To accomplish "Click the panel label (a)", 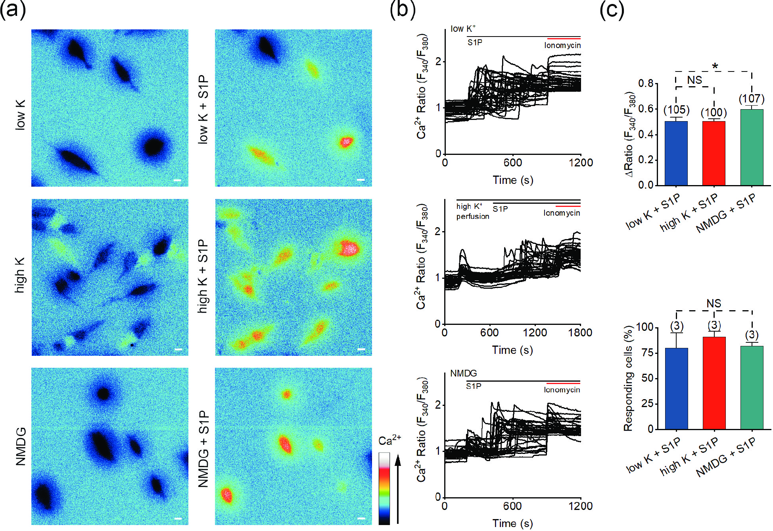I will click(x=13, y=10).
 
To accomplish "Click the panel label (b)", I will click(x=402, y=10).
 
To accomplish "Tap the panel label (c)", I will click(x=612, y=10).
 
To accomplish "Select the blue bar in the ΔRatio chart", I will click(x=676, y=153).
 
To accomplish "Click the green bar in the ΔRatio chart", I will click(x=752, y=147).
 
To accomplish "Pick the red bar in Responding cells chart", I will click(x=714, y=383).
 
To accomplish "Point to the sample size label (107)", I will click(x=752, y=98).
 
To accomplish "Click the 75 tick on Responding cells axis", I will click(x=645, y=353).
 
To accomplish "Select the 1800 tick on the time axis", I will click(x=580, y=333).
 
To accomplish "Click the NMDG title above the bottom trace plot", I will click(x=463, y=373).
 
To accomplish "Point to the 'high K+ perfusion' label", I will click(x=472, y=211).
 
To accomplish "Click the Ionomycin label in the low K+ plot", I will click(x=562, y=45).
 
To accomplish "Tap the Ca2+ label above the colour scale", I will click(x=389, y=440).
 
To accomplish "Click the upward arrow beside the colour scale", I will click(x=398, y=489).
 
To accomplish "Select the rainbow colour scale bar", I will click(x=384, y=489).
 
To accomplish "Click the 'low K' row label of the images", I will click(x=20, y=115).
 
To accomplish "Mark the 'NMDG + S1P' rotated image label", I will click(x=203, y=448).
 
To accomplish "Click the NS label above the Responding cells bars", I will click(x=714, y=304).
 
